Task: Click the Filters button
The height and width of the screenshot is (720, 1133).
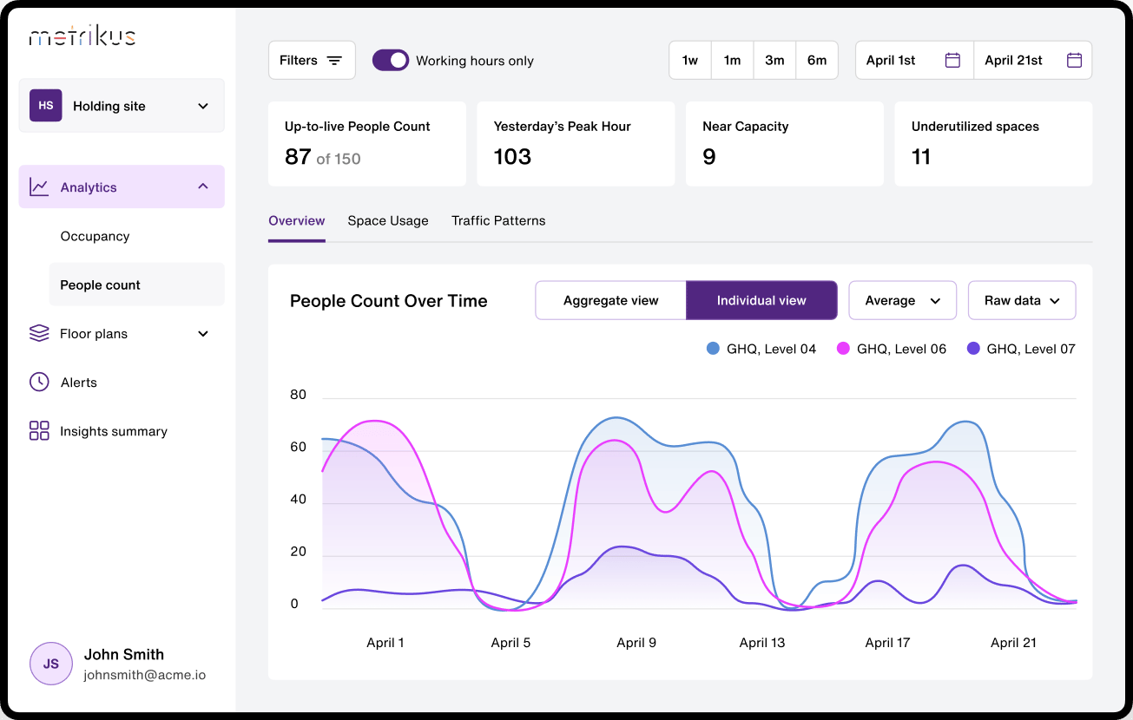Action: [312, 60]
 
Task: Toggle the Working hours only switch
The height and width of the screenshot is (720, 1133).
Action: [391, 60]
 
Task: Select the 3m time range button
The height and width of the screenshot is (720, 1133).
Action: [774, 60]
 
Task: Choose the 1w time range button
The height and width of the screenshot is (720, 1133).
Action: [690, 60]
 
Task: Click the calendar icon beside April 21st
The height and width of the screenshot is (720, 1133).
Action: [1074, 60]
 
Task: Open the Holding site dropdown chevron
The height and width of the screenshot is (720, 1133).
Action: [203, 106]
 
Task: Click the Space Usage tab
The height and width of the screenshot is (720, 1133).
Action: [388, 221]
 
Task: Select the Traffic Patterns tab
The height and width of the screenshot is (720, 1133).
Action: [498, 221]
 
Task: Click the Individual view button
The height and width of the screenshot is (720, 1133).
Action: [761, 301]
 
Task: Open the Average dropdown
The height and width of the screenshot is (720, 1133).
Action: [902, 301]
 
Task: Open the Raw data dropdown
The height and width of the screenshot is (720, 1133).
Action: [1022, 301]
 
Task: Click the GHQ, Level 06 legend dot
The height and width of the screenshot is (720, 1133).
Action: [843, 349]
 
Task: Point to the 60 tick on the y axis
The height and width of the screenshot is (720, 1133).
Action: [298, 447]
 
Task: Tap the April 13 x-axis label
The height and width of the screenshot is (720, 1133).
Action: [761, 643]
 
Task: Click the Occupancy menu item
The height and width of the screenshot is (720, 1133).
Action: [95, 237]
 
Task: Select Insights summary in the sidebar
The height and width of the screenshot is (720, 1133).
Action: [113, 431]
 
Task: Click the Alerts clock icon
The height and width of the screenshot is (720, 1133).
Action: [39, 382]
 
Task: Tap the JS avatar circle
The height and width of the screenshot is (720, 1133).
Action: [50, 664]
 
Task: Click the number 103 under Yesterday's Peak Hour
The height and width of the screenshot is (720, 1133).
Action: [512, 157]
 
